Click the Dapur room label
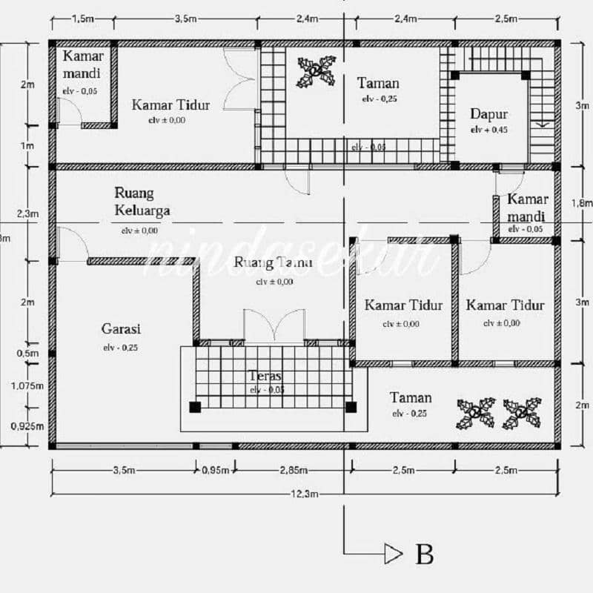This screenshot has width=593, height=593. (489, 114)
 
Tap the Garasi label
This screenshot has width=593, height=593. (121, 328)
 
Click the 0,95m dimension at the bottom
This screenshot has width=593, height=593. (216, 470)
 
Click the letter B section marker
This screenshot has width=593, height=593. (424, 554)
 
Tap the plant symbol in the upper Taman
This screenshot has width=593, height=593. (317, 71)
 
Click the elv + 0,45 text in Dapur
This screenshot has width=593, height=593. (489, 129)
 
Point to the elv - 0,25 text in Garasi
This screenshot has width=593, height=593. (121, 347)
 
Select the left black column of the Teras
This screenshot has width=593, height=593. (195, 406)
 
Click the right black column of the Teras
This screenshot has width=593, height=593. (351, 406)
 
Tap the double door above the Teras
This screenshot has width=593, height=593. (274, 326)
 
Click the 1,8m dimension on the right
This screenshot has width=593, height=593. (582, 202)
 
